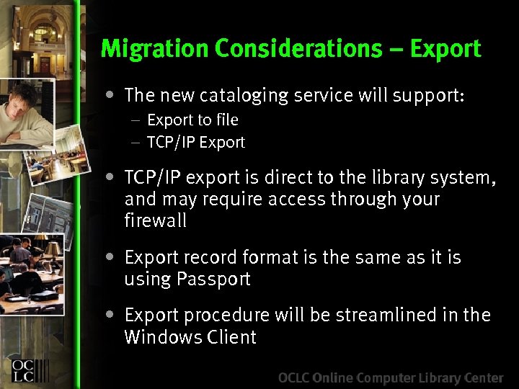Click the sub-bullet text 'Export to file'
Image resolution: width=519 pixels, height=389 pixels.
(192, 120)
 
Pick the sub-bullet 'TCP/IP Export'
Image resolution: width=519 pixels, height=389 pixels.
(196, 143)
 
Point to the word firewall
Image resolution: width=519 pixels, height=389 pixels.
(156, 220)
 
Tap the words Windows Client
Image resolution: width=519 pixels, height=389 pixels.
(190, 336)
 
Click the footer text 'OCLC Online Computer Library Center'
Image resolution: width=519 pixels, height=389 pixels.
(391, 377)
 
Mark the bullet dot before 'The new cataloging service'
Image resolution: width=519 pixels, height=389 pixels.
(108, 94)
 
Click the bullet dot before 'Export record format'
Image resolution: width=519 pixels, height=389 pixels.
(108, 256)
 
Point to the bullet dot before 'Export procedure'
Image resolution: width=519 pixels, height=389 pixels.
(108, 314)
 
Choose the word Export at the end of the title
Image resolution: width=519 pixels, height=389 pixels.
(445, 48)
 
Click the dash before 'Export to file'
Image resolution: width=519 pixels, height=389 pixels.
(135, 120)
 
